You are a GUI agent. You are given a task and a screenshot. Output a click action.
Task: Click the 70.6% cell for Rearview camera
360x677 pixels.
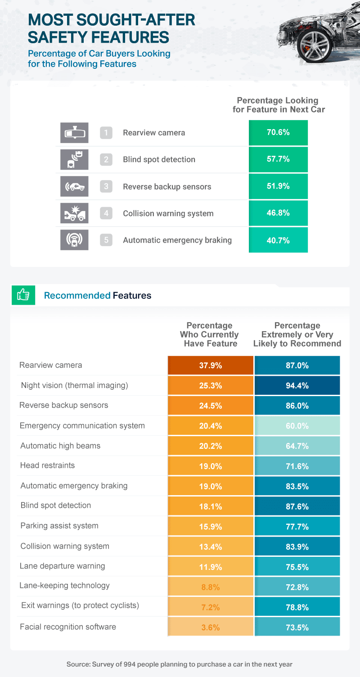[278, 132]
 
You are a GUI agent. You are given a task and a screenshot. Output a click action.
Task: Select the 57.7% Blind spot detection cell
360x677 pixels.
[278, 159]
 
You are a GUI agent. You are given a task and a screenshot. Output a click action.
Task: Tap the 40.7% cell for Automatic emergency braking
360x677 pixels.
[278, 240]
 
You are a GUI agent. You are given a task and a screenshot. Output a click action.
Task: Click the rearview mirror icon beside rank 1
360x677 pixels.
[74, 132]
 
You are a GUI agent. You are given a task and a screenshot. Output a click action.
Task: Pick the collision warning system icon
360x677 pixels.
[74, 213]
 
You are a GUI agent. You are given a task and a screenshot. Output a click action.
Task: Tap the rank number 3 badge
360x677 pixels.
[106, 186]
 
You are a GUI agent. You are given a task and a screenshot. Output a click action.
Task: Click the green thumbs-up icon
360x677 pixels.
[23, 295]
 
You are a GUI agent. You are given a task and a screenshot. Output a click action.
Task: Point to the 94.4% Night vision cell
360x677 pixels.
[297, 385]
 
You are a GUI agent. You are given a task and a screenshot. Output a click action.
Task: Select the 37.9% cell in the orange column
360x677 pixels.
[211, 366]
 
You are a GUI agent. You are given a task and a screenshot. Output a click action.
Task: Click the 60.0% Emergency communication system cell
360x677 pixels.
[297, 426]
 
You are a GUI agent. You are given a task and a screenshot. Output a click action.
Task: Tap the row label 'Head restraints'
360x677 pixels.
[41, 465]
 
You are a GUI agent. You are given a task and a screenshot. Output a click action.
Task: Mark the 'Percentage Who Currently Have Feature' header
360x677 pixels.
[209, 334]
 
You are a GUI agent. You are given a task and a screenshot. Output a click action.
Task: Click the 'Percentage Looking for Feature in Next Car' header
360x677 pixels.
[279, 105]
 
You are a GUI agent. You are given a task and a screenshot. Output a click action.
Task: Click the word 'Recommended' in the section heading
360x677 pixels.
[77, 296]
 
